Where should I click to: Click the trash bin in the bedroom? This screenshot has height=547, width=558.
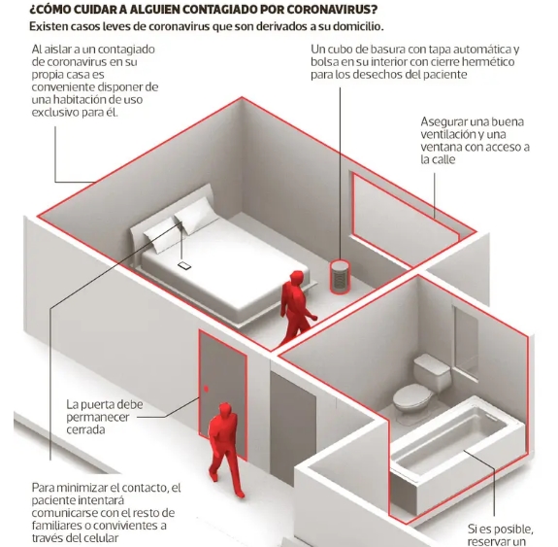click(339, 277)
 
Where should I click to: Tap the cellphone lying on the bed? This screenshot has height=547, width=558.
click(184, 265)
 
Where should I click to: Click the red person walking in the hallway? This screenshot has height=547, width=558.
click(224, 450)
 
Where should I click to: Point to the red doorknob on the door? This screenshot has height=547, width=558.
click(206, 389)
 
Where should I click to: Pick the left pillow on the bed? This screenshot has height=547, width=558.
click(161, 234)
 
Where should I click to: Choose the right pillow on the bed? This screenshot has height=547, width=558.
click(196, 217)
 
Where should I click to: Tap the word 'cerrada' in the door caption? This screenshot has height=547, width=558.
click(85, 429)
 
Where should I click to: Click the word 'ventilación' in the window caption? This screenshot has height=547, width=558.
click(447, 134)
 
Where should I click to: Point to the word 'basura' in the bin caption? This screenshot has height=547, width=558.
click(388, 50)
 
